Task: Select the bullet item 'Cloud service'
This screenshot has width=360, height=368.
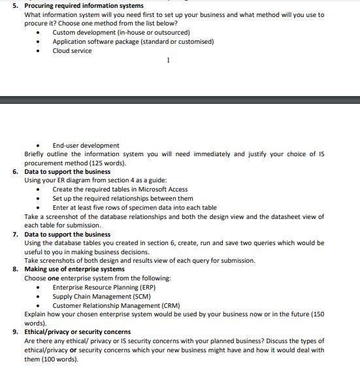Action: point(72,51)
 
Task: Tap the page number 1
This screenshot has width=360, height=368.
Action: point(168,61)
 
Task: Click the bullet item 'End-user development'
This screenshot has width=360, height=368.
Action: point(86,145)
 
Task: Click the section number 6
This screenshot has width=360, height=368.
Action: point(15,172)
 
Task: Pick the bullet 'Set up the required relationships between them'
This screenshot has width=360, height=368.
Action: point(122,199)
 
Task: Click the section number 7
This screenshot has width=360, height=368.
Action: point(15,234)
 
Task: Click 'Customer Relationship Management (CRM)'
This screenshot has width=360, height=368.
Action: point(116,305)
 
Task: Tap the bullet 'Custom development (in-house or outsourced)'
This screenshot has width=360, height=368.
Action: point(121,33)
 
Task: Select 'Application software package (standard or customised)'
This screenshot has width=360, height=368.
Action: point(133,42)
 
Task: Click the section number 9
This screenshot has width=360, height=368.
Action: point(15,332)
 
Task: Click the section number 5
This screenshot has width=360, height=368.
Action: point(15,6)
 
